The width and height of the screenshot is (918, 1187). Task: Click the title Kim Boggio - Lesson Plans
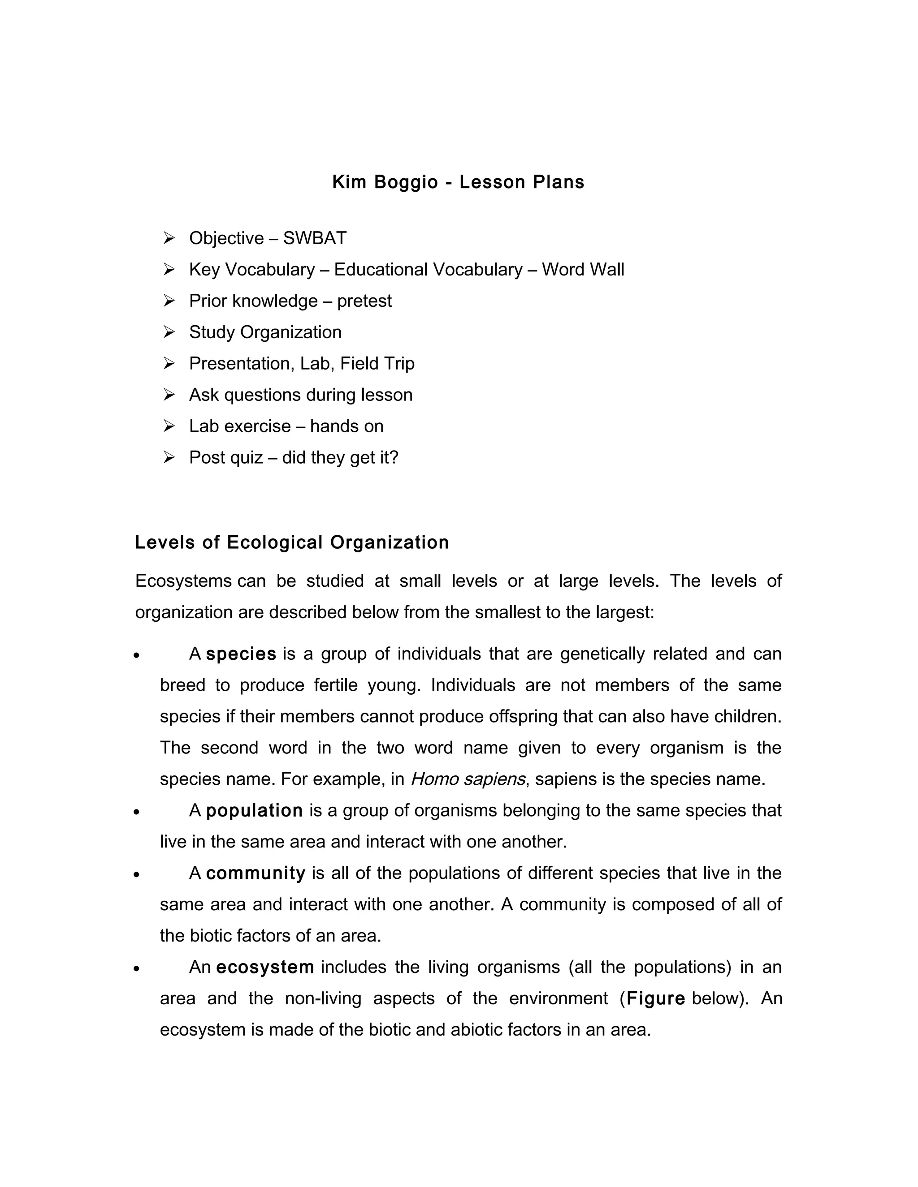[x=458, y=182]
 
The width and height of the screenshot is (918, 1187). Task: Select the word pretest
[x=364, y=301]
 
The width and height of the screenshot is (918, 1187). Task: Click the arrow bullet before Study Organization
[x=169, y=331]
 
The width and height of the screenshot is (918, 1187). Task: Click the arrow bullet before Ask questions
[x=169, y=395]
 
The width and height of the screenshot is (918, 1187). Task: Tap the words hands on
[x=346, y=426]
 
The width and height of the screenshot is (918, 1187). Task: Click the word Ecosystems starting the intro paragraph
[x=183, y=581]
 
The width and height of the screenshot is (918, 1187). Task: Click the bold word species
[x=241, y=654]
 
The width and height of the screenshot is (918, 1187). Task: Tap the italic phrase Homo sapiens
[x=468, y=779]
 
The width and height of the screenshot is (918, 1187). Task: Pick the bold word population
[x=254, y=811]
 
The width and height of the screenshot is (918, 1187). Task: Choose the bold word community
[x=255, y=873]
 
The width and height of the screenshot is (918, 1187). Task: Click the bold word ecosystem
[x=265, y=968]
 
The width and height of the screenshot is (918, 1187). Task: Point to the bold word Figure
[x=655, y=999]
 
